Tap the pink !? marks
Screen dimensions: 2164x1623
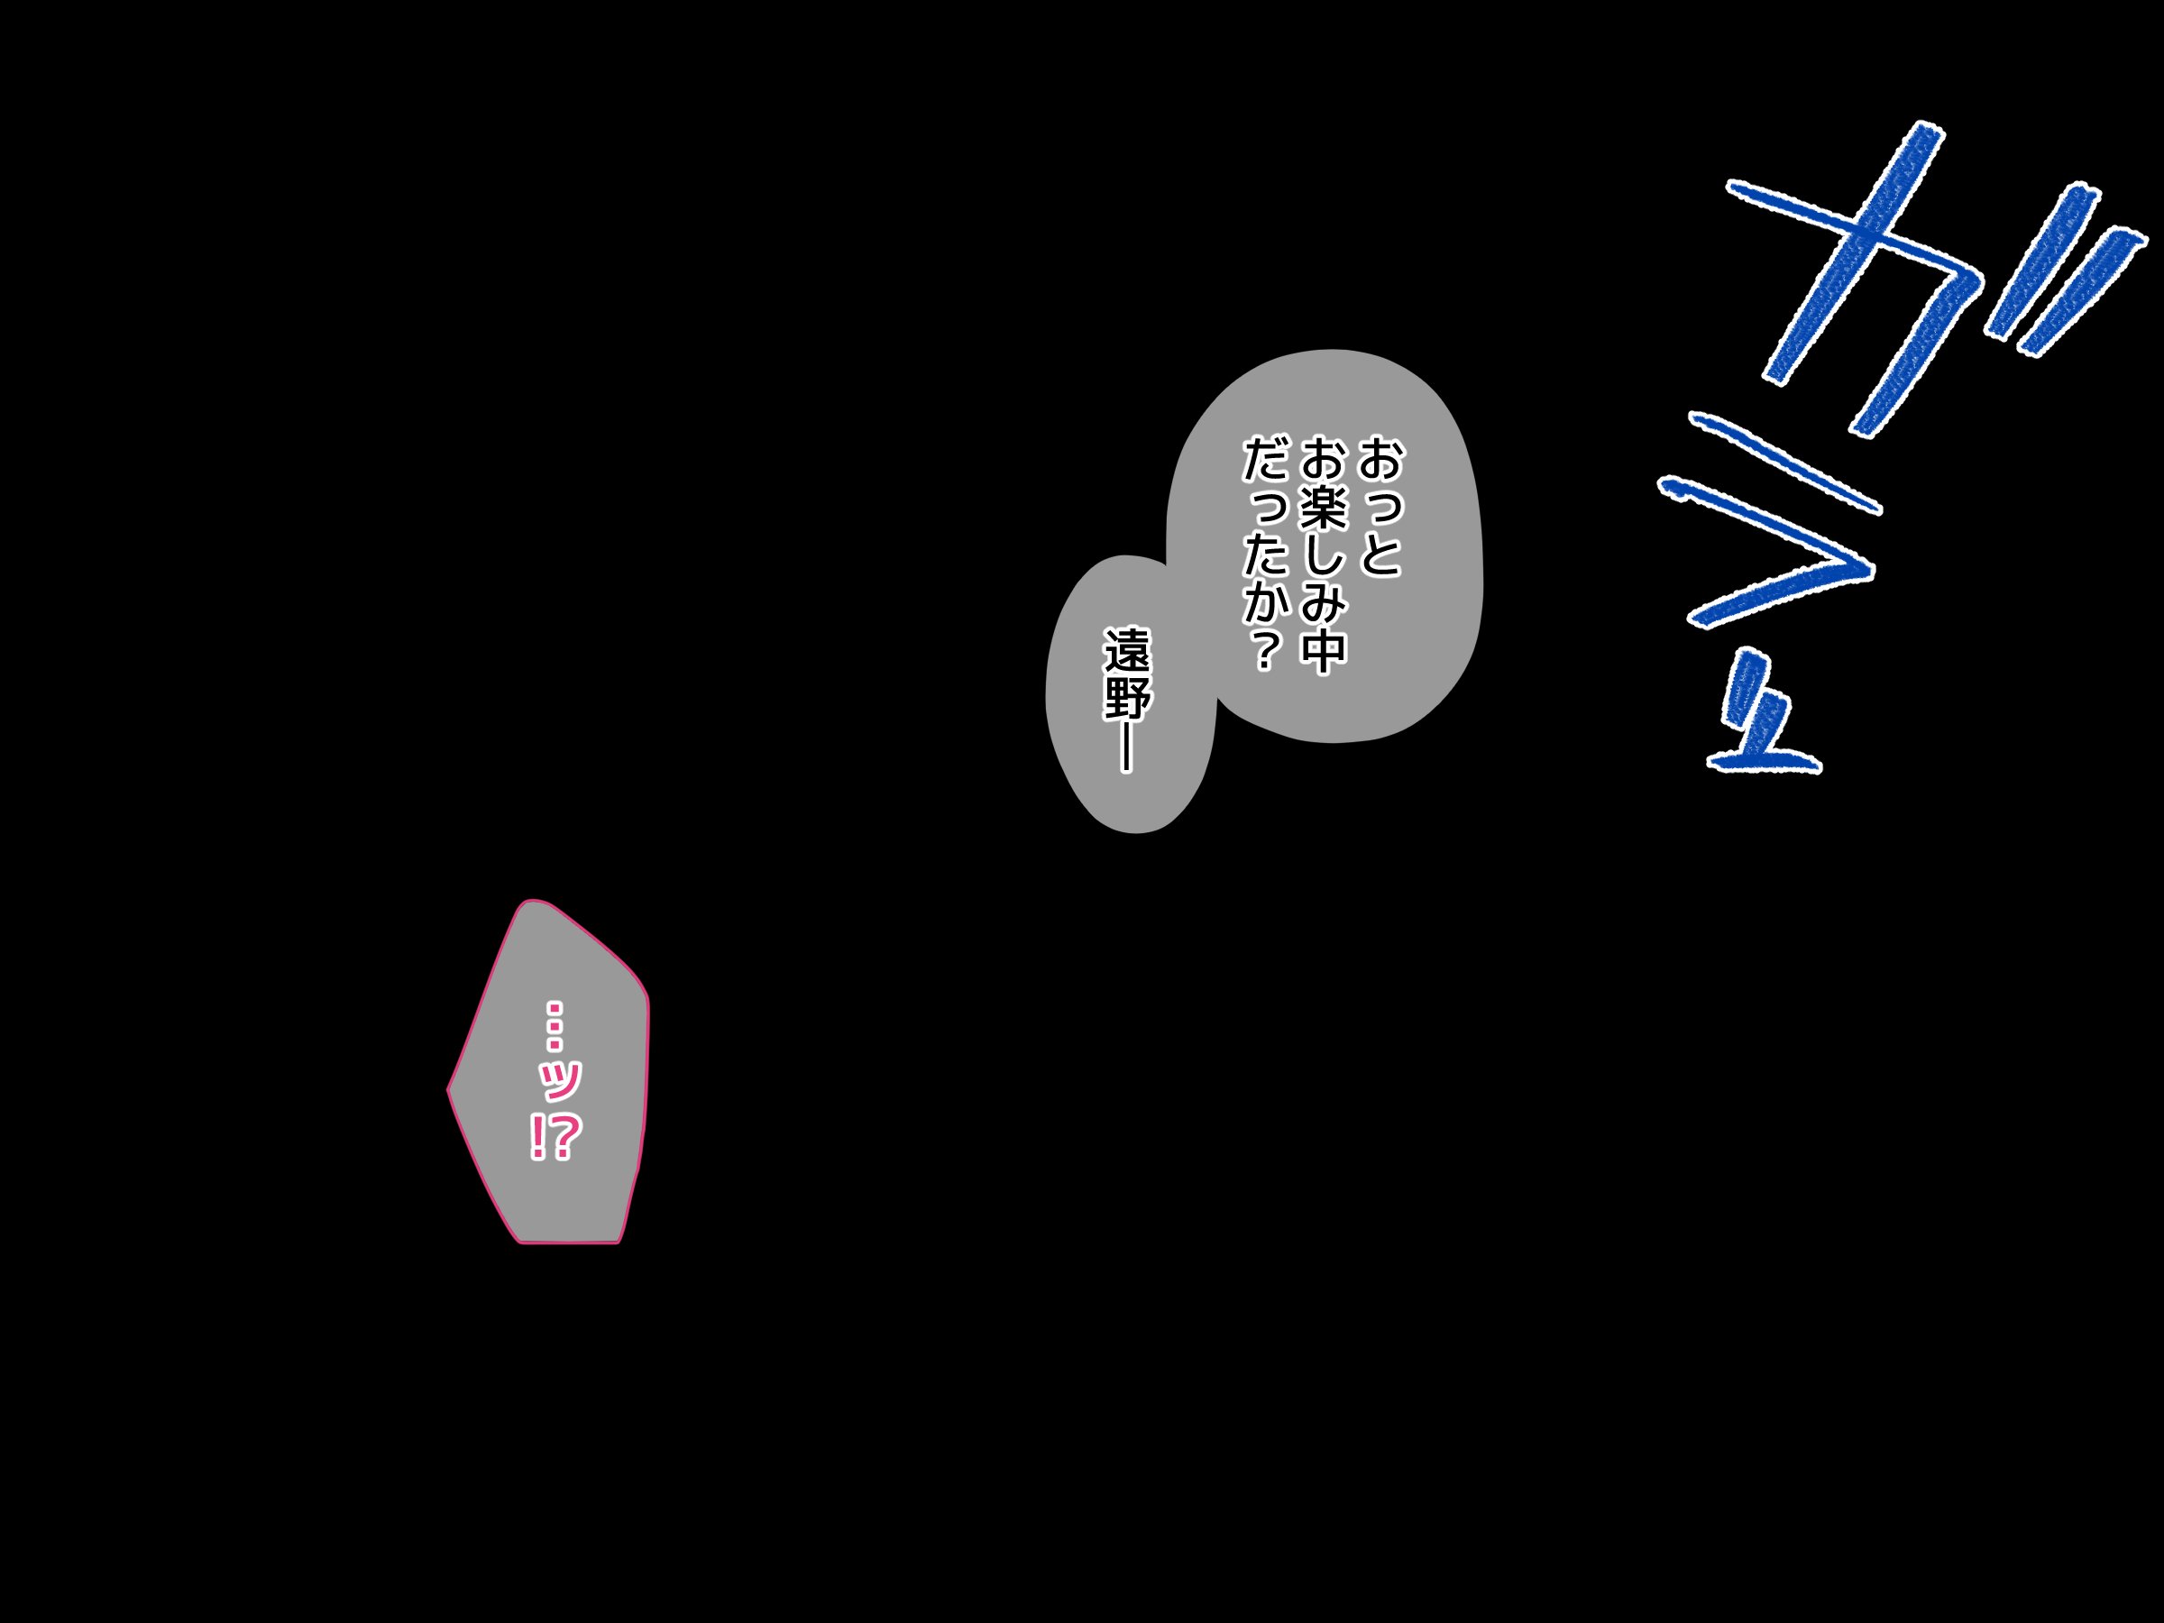tap(555, 1137)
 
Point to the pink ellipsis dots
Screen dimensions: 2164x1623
tap(555, 1024)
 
